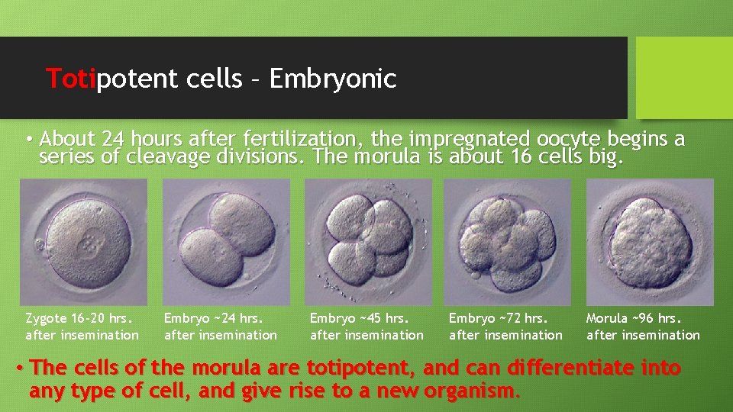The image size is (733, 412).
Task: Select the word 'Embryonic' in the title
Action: [x=333, y=79]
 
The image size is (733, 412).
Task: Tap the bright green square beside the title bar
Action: [x=684, y=78]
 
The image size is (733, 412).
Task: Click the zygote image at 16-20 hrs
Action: [x=83, y=242]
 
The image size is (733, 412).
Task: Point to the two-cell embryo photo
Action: [x=227, y=242]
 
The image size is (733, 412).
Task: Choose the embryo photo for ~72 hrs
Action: [x=507, y=242]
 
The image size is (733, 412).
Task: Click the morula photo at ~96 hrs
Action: [x=650, y=242]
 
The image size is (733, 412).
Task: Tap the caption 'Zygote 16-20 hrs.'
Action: [x=79, y=318]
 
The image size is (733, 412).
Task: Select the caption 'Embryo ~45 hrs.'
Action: [x=360, y=318]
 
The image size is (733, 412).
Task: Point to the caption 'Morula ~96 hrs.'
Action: [x=634, y=318]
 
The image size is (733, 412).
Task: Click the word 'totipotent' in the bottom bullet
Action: [x=360, y=368]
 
